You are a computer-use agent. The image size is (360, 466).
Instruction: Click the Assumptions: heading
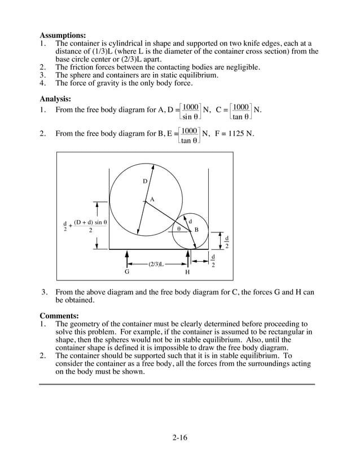(x=63, y=35)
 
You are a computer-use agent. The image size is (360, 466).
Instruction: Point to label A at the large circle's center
(x=152, y=200)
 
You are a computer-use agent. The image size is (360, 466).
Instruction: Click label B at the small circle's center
(x=196, y=230)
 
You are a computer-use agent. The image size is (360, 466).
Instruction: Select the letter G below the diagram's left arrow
(x=127, y=272)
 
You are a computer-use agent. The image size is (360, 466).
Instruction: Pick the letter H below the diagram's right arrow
(x=187, y=272)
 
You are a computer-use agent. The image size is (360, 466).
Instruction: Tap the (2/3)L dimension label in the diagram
(x=156, y=263)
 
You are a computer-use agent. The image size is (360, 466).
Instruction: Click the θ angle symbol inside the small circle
(x=179, y=229)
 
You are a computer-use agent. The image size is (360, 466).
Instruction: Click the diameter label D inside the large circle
(x=144, y=181)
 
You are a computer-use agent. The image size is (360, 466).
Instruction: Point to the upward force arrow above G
(x=127, y=258)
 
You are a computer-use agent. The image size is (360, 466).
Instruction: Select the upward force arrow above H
(x=187, y=258)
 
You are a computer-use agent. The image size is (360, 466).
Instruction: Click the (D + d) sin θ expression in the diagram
(x=90, y=222)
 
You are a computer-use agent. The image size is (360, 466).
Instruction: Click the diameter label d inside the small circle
(x=190, y=221)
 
